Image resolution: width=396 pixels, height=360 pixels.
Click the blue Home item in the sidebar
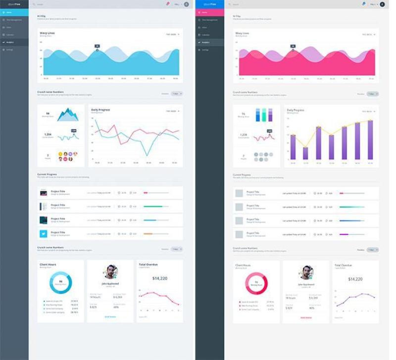(14, 12)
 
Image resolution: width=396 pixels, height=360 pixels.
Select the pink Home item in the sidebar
(210, 12)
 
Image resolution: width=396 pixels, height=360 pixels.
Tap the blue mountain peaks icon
(67, 115)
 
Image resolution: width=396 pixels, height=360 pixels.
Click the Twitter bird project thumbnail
(44, 233)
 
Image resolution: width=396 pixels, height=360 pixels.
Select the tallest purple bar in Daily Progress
(370, 140)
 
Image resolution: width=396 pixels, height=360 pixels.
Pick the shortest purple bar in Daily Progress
(305, 153)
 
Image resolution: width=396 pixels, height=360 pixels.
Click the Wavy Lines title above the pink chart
(242, 33)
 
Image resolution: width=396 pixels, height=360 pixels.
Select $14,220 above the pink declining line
(159, 278)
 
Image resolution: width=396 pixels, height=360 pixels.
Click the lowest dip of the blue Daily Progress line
(147, 155)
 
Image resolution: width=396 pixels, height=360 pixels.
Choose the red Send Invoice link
(306, 317)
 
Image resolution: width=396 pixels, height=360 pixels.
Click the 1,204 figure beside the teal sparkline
(48, 134)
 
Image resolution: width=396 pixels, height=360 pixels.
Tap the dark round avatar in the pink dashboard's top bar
(382, 4)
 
